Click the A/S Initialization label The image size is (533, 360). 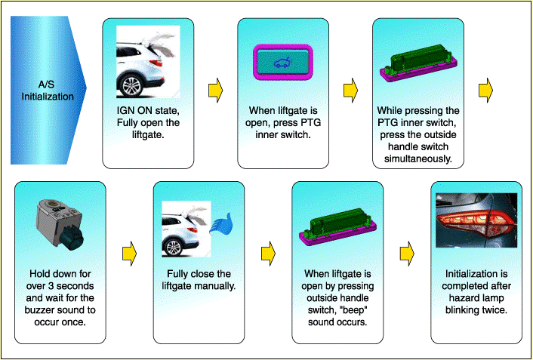[x=48, y=91]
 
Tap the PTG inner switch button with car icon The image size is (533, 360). [x=283, y=63]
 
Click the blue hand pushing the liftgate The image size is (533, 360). [x=220, y=223]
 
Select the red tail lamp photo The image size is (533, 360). [x=476, y=220]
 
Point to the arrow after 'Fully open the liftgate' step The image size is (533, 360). [x=215, y=90]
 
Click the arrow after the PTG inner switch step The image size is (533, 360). [x=350, y=90]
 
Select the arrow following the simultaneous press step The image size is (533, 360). [x=485, y=90]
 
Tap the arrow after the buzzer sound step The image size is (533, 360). [x=130, y=254]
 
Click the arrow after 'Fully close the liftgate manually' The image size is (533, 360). [x=268, y=254]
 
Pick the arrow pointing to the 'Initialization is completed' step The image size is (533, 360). [x=407, y=254]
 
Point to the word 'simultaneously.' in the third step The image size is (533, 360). [x=418, y=158]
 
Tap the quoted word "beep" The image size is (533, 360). [x=356, y=310]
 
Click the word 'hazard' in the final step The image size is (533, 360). [x=461, y=298]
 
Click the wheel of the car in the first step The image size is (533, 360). [x=131, y=85]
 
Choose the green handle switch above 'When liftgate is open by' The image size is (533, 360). [x=337, y=226]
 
